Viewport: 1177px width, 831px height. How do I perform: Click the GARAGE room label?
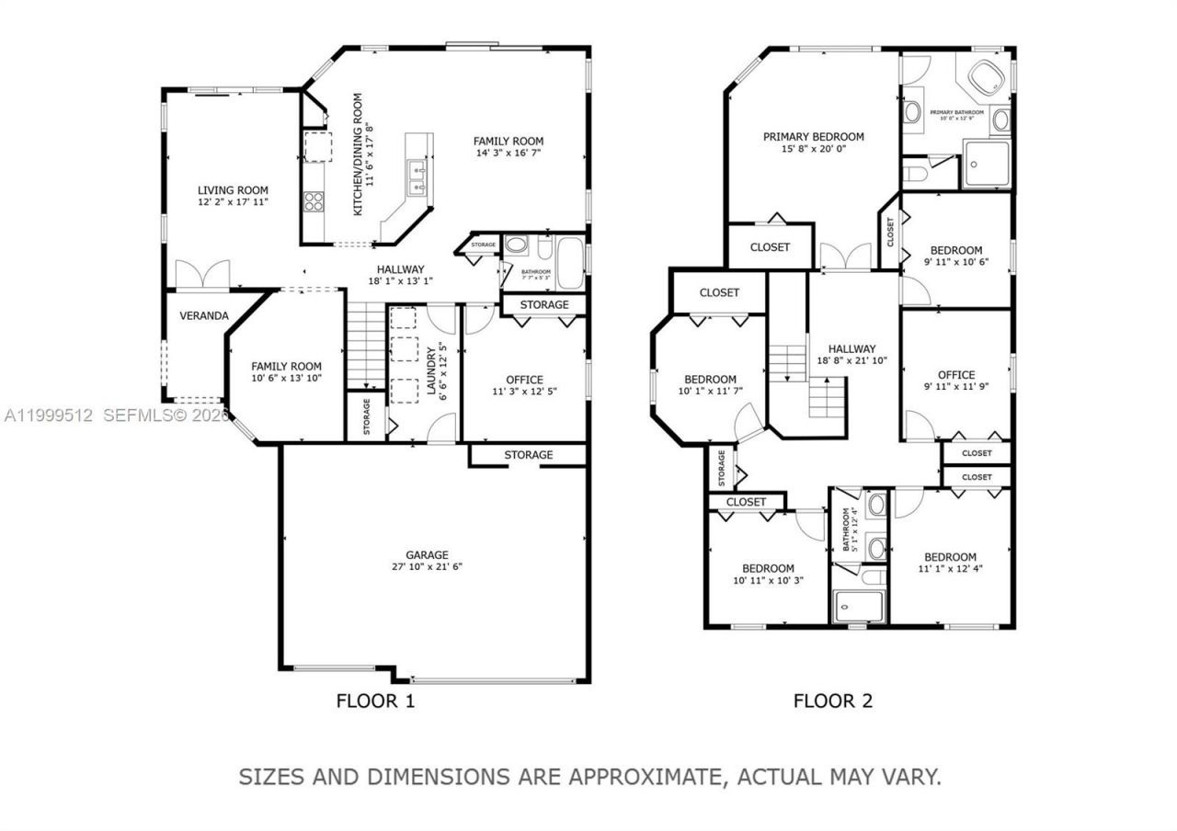[x=428, y=554]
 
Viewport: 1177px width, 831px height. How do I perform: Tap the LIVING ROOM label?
[x=233, y=190]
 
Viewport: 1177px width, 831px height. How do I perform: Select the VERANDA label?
[x=203, y=315]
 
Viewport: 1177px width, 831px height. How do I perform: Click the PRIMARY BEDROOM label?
[x=813, y=137]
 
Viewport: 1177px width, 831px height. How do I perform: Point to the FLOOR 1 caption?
[x=375, y=701]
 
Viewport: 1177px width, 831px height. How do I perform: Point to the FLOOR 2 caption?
[x=832, y=701]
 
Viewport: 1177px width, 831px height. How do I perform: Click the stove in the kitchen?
[x=314, y=200]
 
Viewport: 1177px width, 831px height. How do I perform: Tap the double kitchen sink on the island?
[x=416, y=178]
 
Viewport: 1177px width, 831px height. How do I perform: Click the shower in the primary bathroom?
[x=985, y=165]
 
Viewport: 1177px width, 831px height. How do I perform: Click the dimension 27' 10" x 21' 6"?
[x=428, y=567]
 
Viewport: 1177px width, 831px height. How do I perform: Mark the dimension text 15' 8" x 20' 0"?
[x=813, y=149]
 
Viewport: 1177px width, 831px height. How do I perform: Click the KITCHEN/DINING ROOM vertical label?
[x=359, y=154]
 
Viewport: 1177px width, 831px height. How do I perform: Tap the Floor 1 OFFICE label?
[x=524, y=380]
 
